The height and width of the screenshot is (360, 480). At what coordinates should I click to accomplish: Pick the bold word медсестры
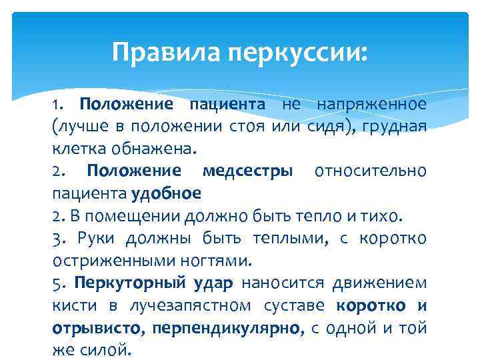[x=247, y=171]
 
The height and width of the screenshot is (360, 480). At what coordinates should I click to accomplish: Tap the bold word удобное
[x=167, y=193]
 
